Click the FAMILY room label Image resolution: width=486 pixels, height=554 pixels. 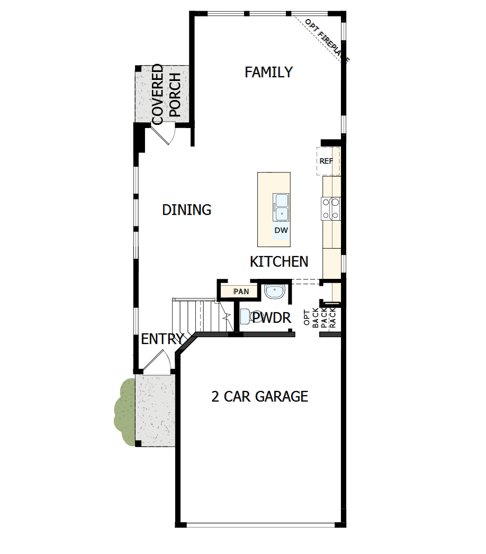pyautogui.click(x=268, y=72)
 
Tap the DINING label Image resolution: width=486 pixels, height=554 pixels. pyautogui.click(x=187, y=210)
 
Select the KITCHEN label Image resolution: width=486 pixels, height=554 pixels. pyautogui.click(x=279, y=261)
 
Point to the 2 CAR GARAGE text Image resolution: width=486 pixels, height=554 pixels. pyautogui.click(x=260, y=396)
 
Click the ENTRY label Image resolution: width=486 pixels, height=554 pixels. pyautogui.click(x=163, y=339)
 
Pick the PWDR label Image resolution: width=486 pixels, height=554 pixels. pyautogui.click(x=272, y=317)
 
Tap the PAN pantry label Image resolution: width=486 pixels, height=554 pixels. pyautogui.click(x=241, y=292)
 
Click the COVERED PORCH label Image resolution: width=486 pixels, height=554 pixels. pyautogui.click(x=166, y=94)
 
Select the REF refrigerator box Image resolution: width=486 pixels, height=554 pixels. pyautogui.click(x=328, y=161)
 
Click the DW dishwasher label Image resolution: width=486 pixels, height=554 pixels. pyautogui.click(x=281, y=230)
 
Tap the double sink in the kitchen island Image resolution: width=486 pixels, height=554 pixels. pyautogui.click(x=281, y=207)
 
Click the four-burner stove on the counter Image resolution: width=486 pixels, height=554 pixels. pyautogui.click(x=331, y=208)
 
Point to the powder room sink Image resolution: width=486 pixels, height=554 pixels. pyautogui.click(x=274, y=292)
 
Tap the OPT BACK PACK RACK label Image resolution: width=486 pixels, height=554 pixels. pyautogui.click(x=320, y=318)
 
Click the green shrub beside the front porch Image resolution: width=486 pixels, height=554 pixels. pyautogui.click(x=125, y=412)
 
